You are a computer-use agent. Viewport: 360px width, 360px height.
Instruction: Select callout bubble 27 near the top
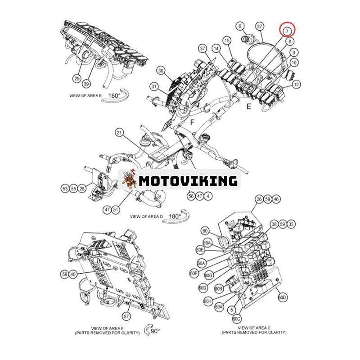click(x=260, y=27)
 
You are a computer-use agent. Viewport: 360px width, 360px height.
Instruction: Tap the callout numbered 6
click(x=240, y=27)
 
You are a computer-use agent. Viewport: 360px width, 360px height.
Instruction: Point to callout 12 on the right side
click(x=296, y=84)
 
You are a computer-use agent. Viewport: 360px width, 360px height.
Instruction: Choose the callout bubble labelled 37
click(x=202, y=48)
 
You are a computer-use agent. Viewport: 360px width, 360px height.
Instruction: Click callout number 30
click(x=162, y=71)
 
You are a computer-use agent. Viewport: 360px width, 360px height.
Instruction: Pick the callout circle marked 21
click(x=119, y=133)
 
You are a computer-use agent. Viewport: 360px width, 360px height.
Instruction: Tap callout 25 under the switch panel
click(x=77, y=79)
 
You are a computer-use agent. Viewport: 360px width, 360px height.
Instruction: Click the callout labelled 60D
click(x=282, y=297)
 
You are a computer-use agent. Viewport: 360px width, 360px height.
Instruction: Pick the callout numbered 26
click(x=258, y=198)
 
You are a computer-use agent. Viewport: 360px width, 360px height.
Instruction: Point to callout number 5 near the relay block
click(x=231, y=310)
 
